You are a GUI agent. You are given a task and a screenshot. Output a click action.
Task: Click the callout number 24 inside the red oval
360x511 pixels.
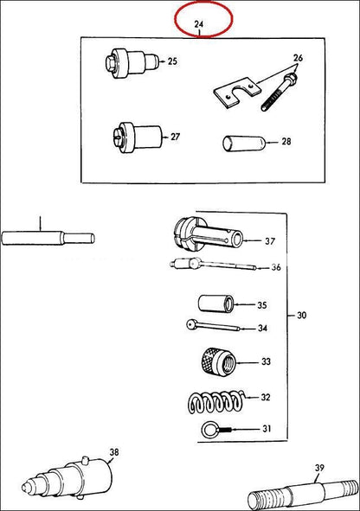(198, 24)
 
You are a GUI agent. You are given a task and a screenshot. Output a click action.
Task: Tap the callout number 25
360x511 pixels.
(172, 61)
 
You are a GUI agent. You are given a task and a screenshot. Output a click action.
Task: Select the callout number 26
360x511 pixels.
(298, 58)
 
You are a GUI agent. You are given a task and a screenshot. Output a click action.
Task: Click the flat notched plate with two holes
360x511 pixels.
(237, 92)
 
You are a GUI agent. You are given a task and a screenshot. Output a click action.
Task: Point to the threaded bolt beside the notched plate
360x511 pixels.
(279, 93)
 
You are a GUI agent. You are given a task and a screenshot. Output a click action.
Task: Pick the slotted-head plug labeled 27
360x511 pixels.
(138, 137)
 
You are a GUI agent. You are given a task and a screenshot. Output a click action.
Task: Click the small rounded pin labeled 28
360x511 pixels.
(244, 143)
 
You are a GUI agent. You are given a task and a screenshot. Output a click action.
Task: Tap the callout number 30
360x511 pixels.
(302, 315)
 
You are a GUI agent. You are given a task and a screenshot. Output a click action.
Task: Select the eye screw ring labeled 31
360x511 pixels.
(216, 430)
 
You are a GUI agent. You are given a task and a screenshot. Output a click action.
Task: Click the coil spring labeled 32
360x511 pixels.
(216, 401)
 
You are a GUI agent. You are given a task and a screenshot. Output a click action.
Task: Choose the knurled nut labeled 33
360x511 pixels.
(218, 361)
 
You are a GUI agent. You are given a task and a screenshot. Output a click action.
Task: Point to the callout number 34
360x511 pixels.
(262, 328)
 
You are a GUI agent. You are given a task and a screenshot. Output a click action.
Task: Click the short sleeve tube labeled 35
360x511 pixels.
(215, 303)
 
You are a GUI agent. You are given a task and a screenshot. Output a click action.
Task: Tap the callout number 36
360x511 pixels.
(276, 267)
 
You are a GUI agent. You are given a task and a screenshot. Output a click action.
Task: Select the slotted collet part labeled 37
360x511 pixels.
(209, 233)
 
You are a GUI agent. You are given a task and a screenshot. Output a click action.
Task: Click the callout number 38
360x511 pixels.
(114, 452)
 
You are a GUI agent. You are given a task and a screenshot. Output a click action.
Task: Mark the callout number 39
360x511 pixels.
(319, 468)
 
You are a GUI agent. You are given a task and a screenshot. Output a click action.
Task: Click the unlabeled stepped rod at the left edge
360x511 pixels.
(48, 238)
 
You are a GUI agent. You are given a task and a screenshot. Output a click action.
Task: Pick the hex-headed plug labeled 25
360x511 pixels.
(132, 63)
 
